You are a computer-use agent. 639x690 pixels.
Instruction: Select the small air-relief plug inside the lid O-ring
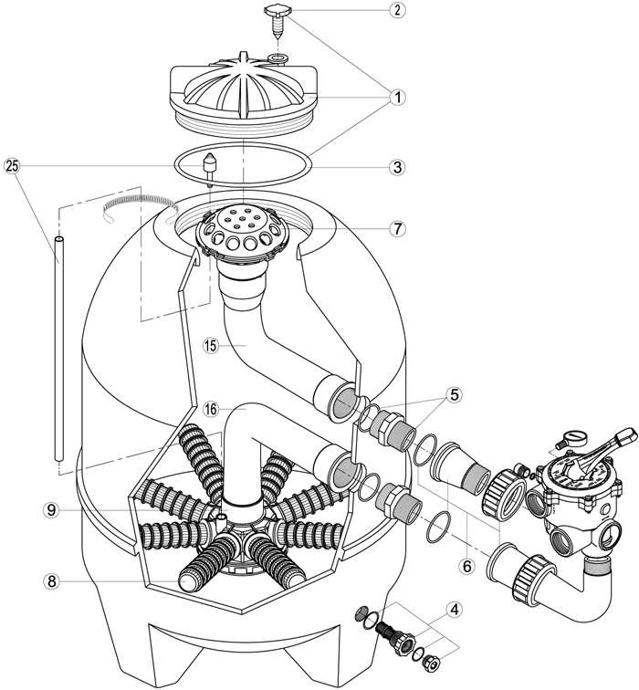point(211,170)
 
